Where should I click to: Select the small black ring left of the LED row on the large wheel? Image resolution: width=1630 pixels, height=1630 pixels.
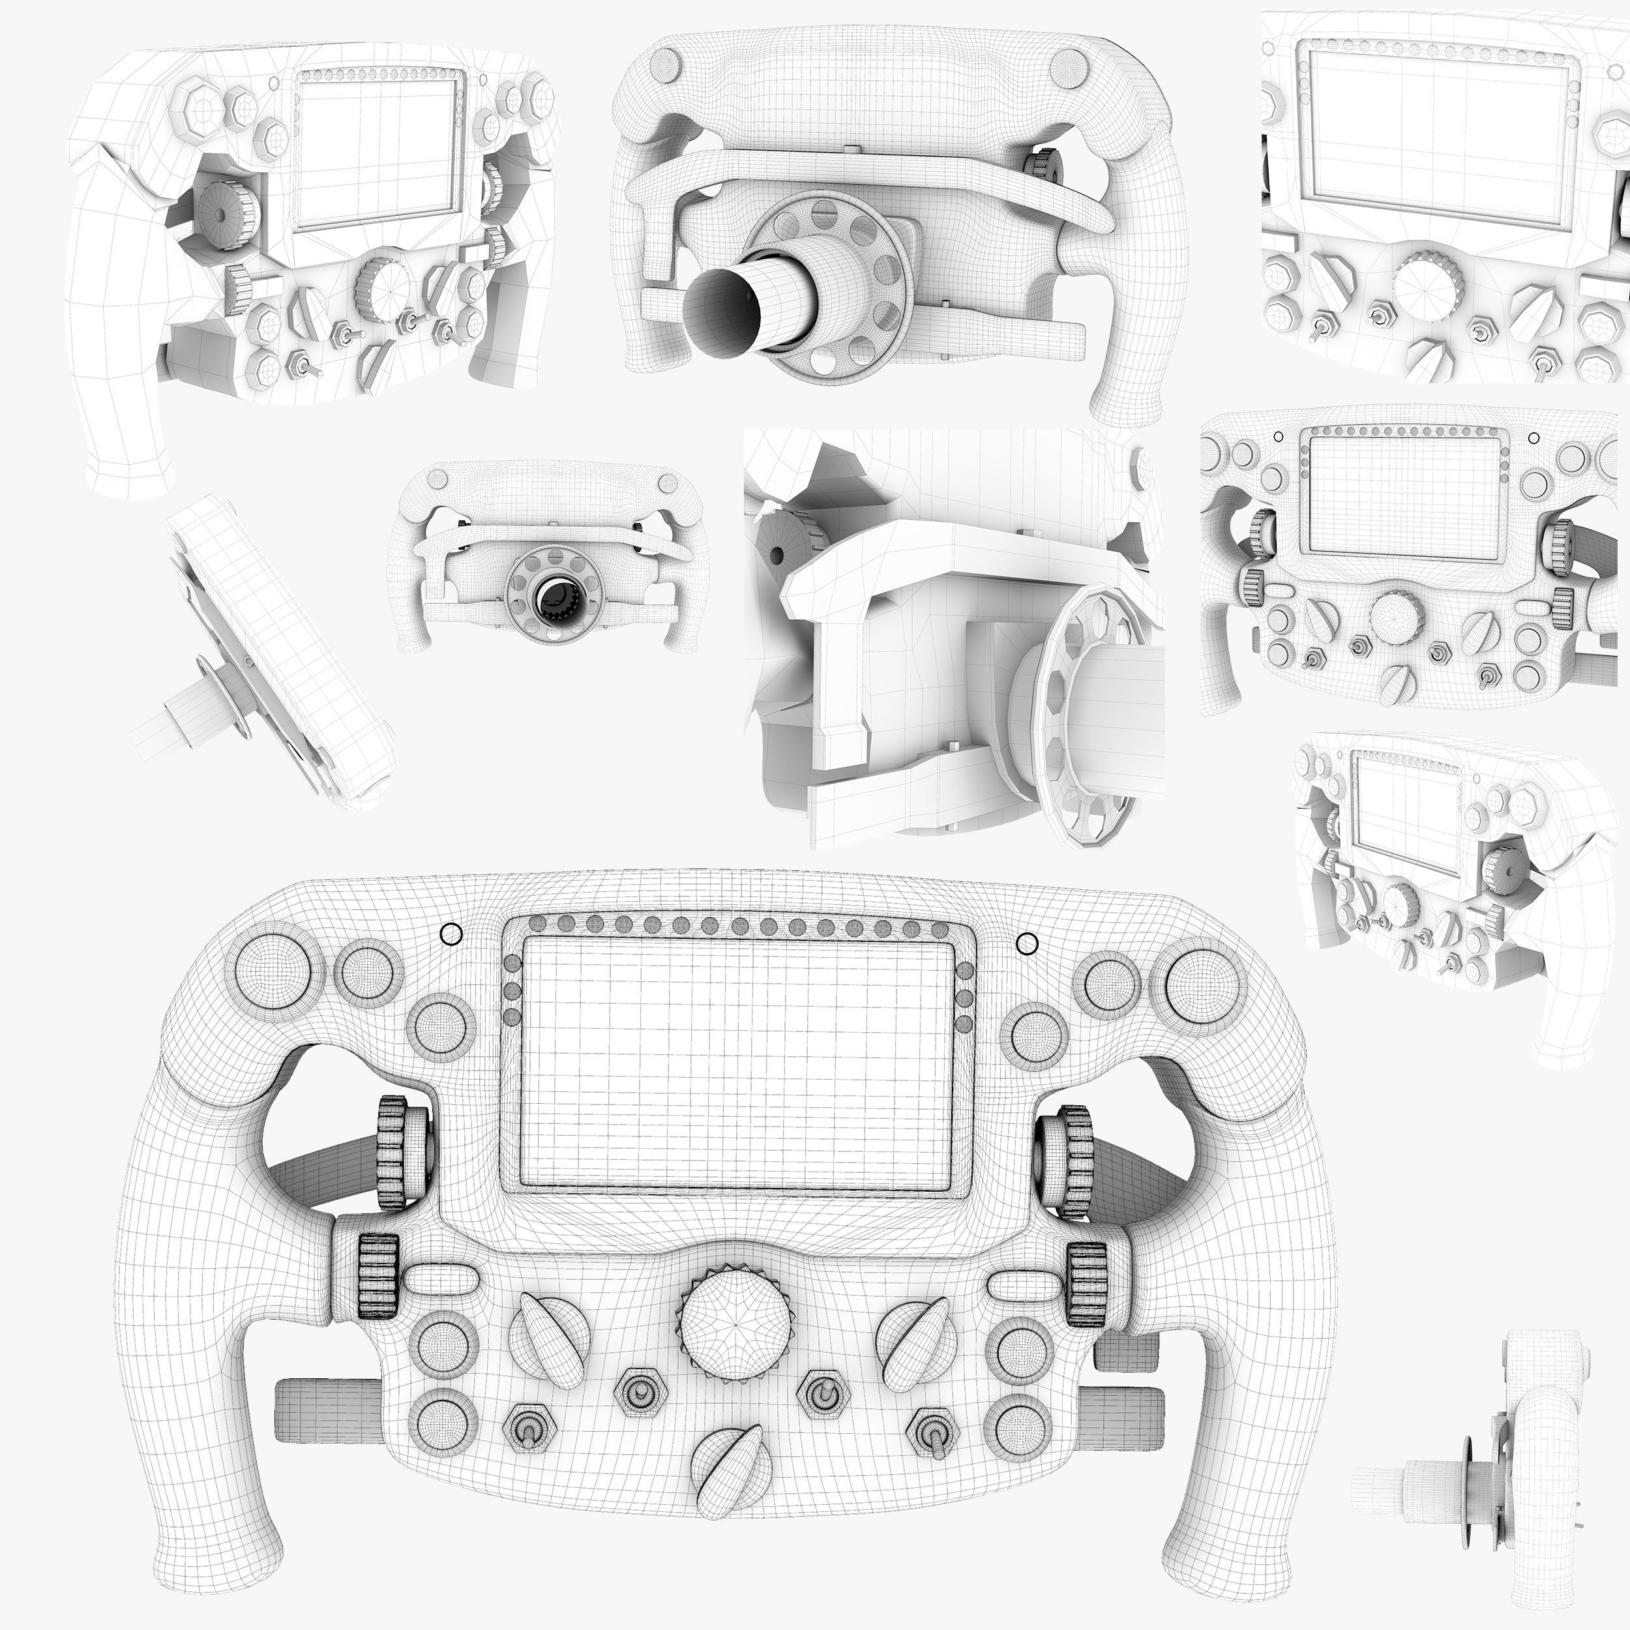click(x=451, y=934)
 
